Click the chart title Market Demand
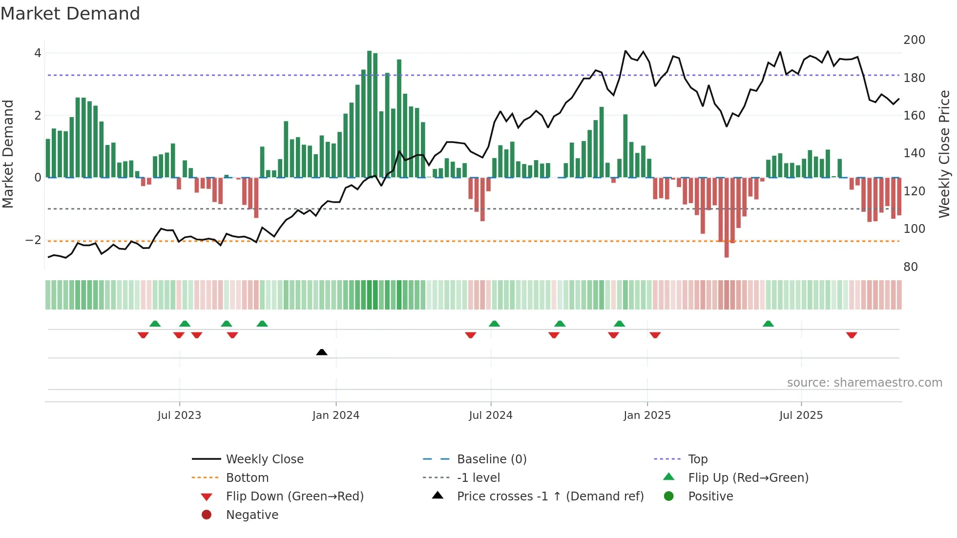pos(70,14)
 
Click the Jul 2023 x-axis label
pos(179,415)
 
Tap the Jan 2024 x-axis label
pos(336,415)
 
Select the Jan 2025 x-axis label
pos(647,415)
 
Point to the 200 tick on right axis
pos(914,40)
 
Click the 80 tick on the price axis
pos(910,267)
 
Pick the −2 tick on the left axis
pos(33,240)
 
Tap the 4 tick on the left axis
pos(38,53)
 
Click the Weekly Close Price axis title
pos(944,154)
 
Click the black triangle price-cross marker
pos(322,352)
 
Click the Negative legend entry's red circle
pos(207,515)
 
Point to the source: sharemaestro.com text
pos(864,383)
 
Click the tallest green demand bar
pos(370,114)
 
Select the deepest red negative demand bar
pos(727,217)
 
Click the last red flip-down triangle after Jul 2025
pos(852,335)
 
